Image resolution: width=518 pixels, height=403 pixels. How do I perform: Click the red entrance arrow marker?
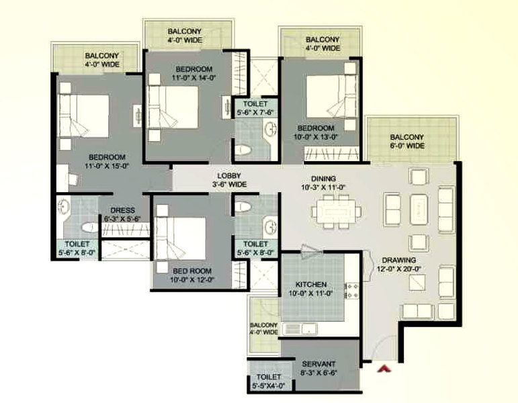click(384, 368)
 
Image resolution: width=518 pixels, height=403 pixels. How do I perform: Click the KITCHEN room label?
click(311, 284)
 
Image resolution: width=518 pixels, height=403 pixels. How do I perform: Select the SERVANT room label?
click(318, 364)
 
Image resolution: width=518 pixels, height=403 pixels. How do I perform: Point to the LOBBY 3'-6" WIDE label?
click(229, 180)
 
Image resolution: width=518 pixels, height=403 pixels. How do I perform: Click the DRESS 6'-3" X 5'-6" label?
click(122, 214)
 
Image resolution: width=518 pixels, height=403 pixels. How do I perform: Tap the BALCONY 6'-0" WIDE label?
click(406, 141)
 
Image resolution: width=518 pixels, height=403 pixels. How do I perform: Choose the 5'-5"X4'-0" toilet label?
click(269, 385)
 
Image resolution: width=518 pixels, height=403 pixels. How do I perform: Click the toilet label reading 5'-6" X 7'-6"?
click(255, 113)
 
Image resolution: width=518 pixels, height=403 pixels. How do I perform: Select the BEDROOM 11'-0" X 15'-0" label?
click(107, 161)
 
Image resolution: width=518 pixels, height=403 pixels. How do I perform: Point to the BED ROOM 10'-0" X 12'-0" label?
click(192, 275)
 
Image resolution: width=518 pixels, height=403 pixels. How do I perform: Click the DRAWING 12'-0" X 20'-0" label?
click(398, 264)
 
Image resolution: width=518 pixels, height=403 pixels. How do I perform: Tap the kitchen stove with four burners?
click(352, 291)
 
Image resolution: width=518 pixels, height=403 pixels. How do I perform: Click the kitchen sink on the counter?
click(300, 329)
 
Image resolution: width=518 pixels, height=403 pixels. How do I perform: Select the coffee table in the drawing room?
click(419, 210)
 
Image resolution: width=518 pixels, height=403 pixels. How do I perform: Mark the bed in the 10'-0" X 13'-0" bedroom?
click(332, 97)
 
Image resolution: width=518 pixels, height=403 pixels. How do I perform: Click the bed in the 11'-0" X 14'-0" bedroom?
click(173, 107)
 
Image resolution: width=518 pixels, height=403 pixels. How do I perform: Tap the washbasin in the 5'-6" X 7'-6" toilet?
click(271, 128)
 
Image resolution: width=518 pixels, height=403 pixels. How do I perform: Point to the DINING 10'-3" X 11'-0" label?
click(323, 183)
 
